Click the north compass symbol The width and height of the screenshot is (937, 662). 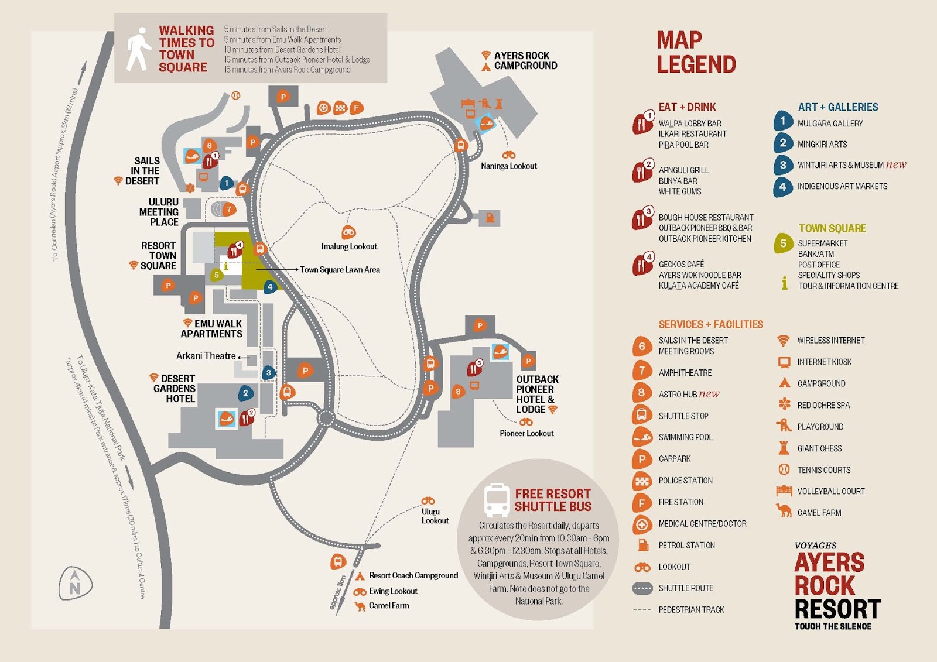76,583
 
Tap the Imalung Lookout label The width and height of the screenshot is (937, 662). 349,246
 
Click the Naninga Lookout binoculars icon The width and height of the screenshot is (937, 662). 509,155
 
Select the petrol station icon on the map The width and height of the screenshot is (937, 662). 490,218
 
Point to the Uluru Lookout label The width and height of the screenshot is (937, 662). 435,516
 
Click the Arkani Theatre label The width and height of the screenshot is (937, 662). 206,356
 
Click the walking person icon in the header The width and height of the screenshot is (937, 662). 139,49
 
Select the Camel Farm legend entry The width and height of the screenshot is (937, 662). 819,513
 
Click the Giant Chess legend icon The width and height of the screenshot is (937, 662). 784,448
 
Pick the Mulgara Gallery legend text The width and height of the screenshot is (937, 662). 830,124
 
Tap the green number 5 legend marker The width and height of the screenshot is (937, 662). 783,243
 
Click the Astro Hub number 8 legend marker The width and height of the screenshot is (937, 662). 642,393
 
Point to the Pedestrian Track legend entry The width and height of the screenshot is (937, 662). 691,610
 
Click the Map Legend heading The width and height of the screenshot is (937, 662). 696,53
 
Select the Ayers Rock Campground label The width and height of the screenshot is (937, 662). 525,61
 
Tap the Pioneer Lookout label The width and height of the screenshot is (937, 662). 526,433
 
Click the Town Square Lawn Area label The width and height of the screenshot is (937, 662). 340,270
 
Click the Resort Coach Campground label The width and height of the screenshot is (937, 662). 413,576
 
